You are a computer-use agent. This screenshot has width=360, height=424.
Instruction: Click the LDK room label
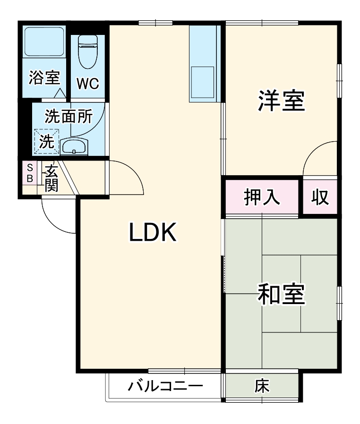(x=153, y=232)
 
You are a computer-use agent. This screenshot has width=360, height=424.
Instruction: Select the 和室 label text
(x=281, y=294)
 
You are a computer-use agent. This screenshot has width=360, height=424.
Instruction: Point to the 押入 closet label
(x=262, y=197)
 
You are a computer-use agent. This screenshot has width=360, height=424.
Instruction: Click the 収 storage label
(x=320, y=197)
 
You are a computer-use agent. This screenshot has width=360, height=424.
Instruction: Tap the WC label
(x=88, y=84)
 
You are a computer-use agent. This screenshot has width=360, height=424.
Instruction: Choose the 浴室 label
(x=44, y=77)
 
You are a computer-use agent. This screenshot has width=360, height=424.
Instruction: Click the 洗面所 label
(x=69, y=116)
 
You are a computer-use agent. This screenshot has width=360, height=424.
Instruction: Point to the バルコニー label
(x=165, y=387)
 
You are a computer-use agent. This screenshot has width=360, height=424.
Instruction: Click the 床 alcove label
(x=262, y=387)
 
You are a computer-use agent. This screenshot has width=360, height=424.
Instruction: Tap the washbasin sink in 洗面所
(x=75, y=147)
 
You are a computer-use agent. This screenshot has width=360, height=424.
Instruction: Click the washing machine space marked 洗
(x=46, y=141)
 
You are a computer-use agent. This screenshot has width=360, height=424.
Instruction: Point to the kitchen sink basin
(x=202, y=82)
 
